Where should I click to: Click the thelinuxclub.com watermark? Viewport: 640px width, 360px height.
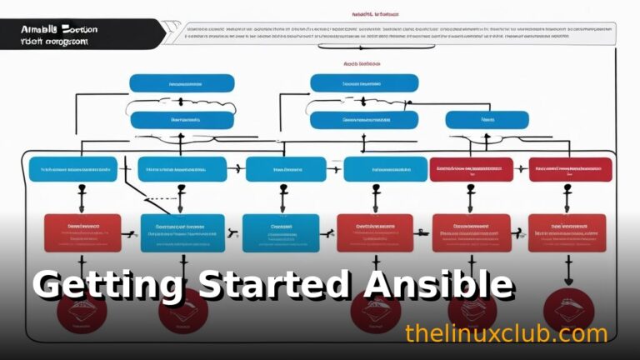pos(506,334)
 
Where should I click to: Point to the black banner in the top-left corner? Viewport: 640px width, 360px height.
pos(75,34)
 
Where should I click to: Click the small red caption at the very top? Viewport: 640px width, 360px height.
pos(375,14)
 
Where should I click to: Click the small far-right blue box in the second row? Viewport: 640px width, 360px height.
pos(487,120)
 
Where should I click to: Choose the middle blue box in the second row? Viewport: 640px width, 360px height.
pos(352,120)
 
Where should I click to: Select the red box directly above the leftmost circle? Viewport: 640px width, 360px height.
pos(82,233)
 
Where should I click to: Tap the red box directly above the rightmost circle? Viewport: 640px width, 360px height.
pos(567,233)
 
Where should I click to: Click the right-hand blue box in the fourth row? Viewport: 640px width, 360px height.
pos(281,233)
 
